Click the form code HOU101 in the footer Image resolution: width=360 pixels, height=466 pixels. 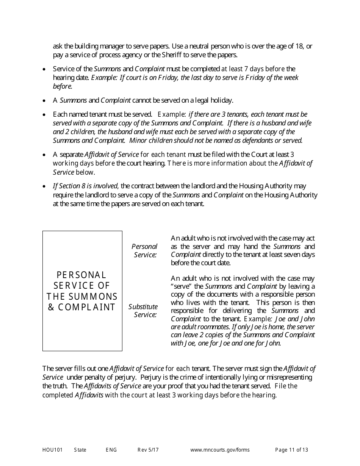[50, 450]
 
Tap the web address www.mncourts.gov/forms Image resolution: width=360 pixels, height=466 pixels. [220, 450]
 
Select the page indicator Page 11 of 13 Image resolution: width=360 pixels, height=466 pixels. [291, 450]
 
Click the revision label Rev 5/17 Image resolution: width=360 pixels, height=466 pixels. [148, 450]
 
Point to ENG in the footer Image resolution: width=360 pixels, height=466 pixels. [111, 450]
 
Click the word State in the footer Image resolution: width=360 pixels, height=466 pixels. [80, 450]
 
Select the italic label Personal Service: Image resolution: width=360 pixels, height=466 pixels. [144, 250]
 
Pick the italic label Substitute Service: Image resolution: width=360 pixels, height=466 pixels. [143, 310]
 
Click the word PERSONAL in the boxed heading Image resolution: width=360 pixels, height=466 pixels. [81, 275]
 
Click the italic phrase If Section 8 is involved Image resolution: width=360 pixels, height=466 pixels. [85, 186]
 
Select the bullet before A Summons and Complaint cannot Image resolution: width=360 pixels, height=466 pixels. [44, 101]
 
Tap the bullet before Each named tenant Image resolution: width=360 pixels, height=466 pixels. [44, 114]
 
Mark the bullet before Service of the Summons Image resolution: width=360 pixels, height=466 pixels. [44, 69]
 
